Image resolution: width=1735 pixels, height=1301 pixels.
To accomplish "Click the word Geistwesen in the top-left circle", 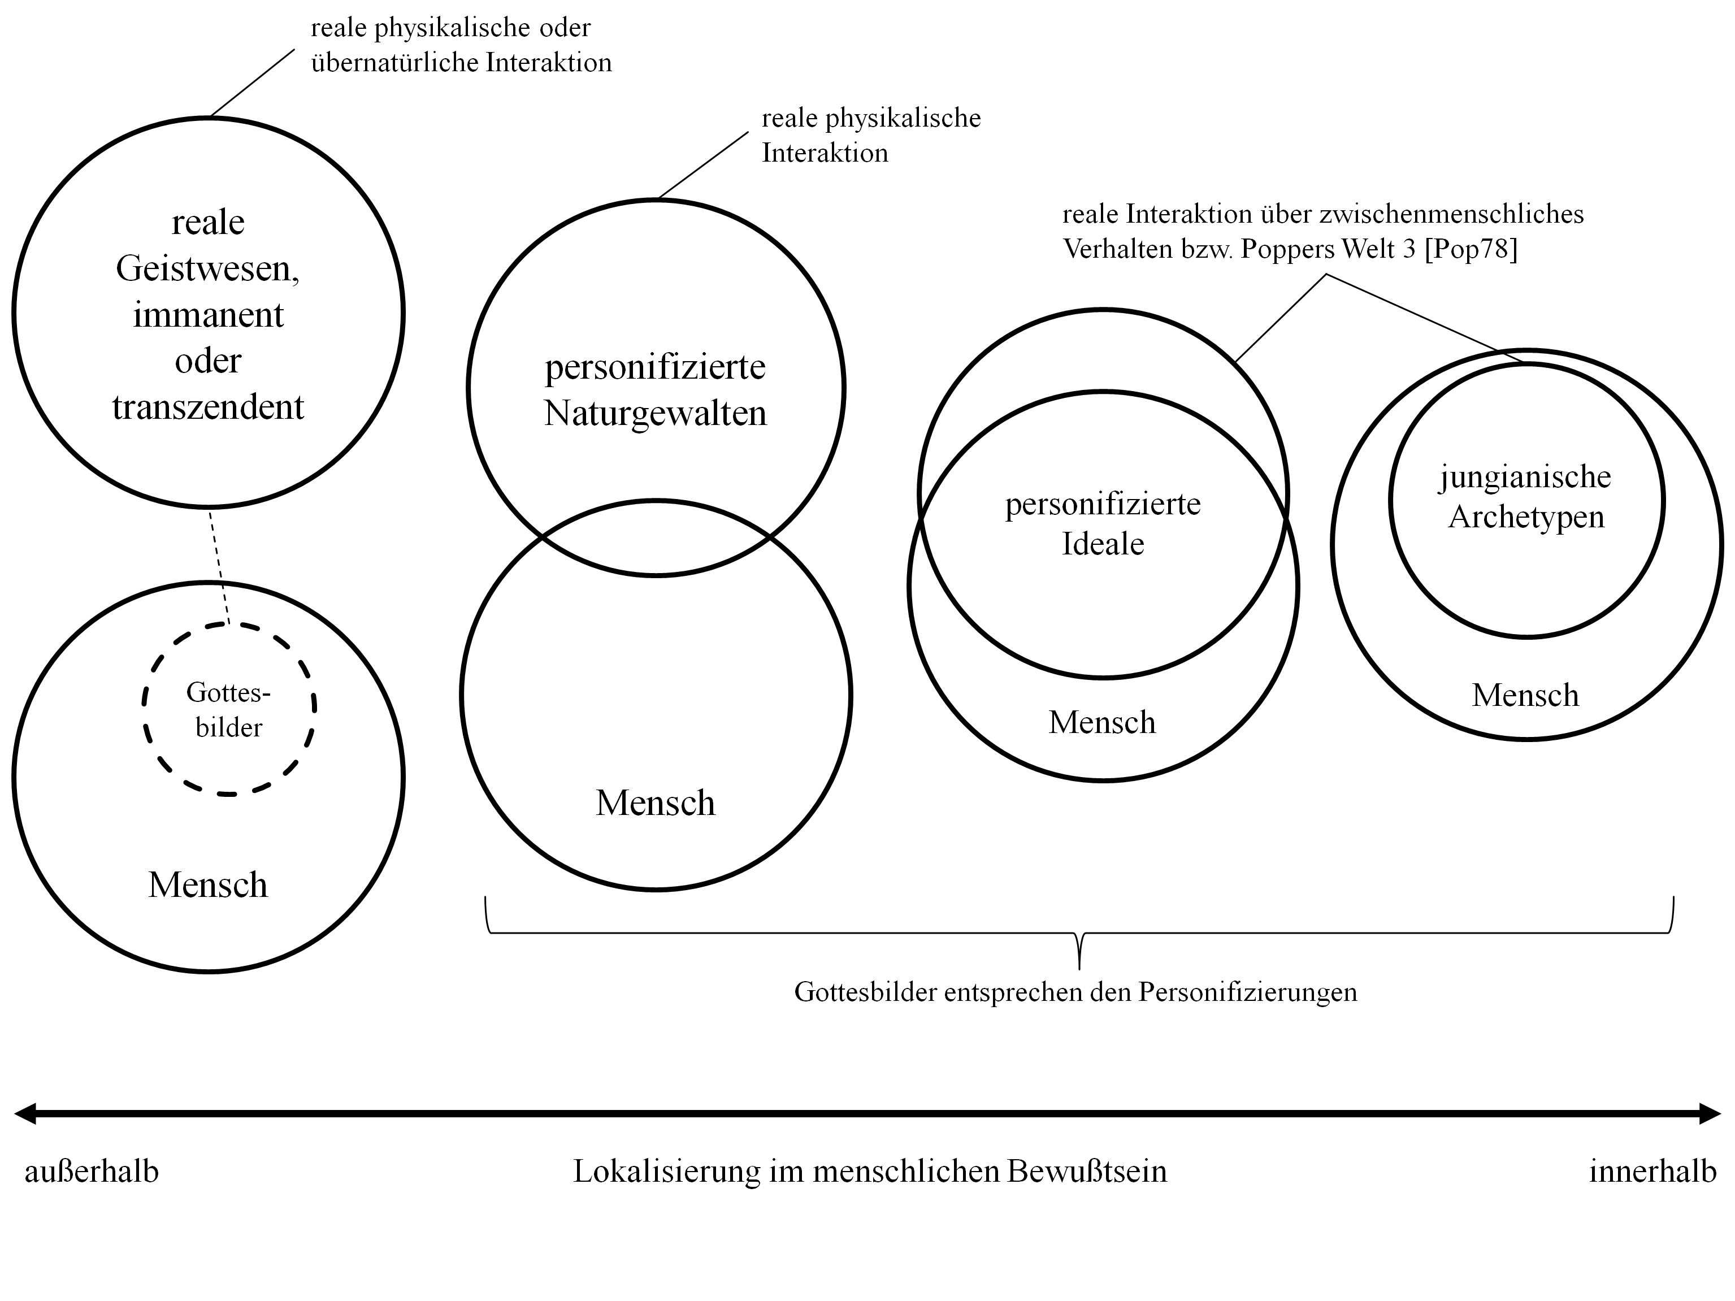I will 208,269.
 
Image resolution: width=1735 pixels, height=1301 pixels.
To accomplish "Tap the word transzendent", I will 208,407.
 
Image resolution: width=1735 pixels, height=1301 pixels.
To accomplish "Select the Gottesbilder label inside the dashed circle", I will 228,710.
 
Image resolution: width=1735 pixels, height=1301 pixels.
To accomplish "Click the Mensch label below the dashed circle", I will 208,884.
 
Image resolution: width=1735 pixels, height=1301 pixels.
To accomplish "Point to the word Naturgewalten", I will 655,413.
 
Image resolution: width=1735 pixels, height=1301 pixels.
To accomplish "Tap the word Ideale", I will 1103,544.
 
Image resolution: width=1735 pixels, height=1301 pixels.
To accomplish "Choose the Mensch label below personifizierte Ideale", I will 1102,722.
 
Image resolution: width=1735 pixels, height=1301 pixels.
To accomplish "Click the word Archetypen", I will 1526,517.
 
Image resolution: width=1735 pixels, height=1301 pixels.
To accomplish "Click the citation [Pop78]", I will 1471,249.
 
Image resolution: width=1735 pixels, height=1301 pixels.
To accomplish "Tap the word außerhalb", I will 92,1172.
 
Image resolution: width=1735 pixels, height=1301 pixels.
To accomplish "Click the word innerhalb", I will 1652,1172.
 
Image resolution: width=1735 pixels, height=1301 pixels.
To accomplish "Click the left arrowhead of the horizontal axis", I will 24,1113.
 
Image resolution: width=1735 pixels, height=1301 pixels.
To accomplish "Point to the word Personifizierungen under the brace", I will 1248,992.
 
